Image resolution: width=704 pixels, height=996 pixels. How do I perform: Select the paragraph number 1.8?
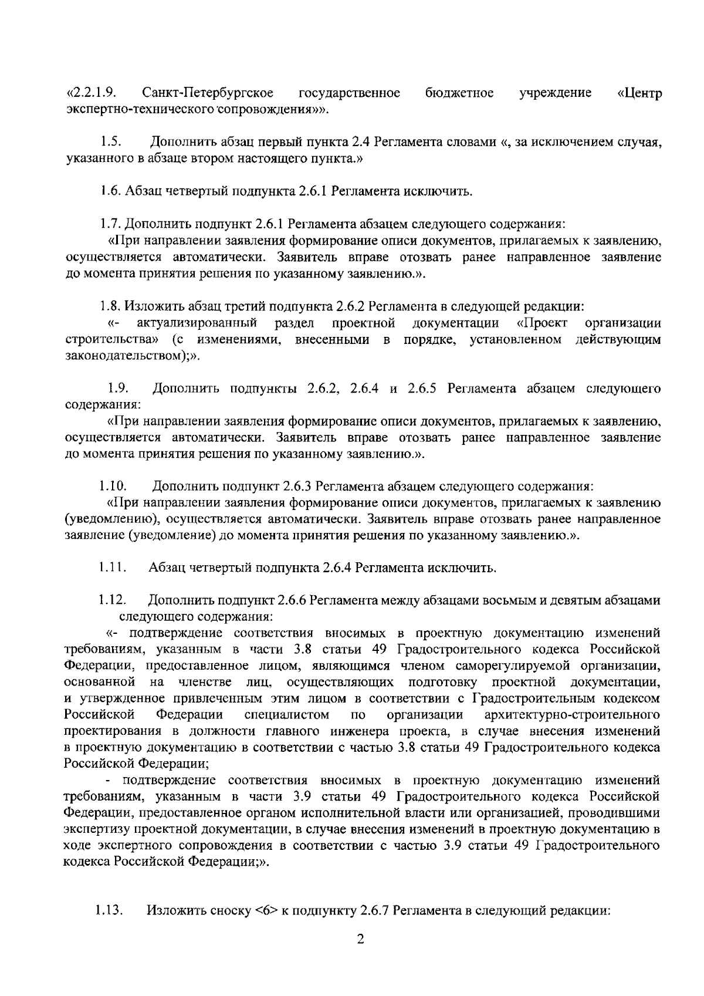click(x=109, y=306)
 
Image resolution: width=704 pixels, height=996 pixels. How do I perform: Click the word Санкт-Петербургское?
click(x=208, y=93)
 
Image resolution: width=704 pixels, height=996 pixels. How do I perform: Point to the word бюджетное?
click(x=459, y=93)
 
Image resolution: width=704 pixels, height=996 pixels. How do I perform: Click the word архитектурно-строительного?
click(x=571, y=715)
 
